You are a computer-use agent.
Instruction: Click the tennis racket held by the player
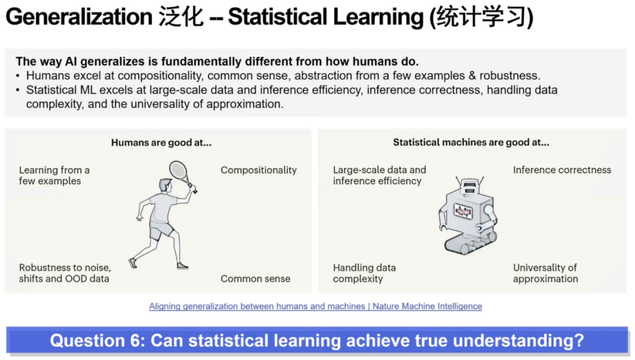click(x=182, y=175)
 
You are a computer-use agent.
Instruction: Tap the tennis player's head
click(x=166, y=185)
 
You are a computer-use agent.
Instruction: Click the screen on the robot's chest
click(x=463, y=211)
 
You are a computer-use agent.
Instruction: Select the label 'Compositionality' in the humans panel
click(x=258, y=170)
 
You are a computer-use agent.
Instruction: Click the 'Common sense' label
click(x=255, y=279)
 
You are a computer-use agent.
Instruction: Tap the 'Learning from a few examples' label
click(x=54, y=175)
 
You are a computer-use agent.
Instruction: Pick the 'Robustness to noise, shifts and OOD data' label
click(x=65, y=273)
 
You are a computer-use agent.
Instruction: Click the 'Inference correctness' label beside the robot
click(x=562, y=170)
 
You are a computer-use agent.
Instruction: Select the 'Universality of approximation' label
click(x=545, y=273)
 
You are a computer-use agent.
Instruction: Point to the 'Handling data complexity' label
click(x=364, y=273)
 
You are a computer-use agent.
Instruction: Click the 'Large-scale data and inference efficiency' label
click(x=379, y=175)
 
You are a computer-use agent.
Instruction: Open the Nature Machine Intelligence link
click(x=316, y=306)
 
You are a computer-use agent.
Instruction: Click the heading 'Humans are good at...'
click(x=161, y=142)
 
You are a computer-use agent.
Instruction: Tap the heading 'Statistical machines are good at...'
click(x=471, y=142)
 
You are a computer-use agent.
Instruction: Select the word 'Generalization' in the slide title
click(x=79, y=17)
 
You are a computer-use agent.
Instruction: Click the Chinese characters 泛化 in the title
click(x=181, y=17)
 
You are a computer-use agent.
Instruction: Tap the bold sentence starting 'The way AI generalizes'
click(x=217, y=62)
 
